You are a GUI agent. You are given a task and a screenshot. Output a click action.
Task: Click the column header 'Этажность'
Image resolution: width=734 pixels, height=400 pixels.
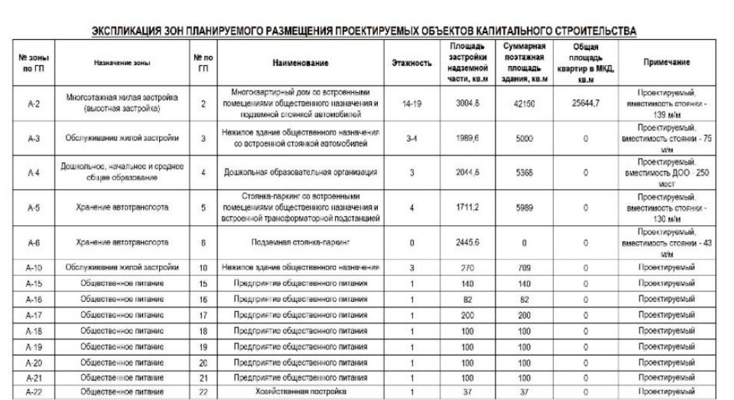pyautogui.click(x=411, y=62)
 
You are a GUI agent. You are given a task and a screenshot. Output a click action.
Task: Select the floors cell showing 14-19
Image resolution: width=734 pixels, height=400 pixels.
pyautogui.click(x=411, y=104)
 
